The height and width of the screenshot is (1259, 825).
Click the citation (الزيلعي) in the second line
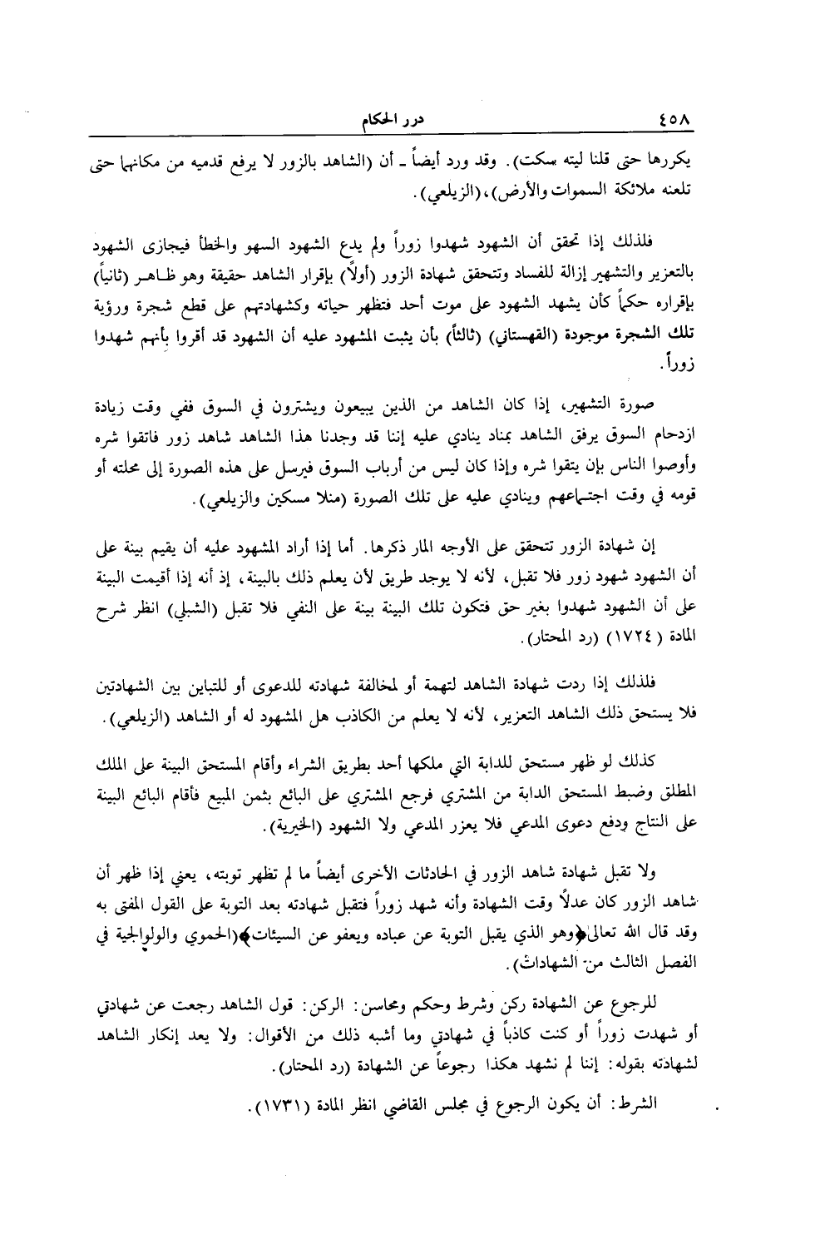[435, 193]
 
